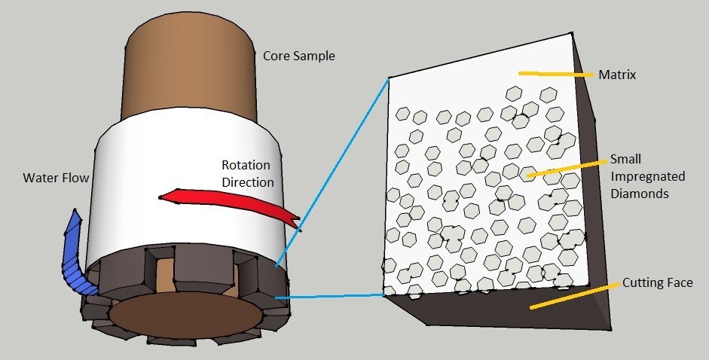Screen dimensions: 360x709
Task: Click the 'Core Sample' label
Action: tap(298, 56)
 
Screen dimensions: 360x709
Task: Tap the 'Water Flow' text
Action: tap(55, 178)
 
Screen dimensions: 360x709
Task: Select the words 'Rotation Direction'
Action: tap(247, 173)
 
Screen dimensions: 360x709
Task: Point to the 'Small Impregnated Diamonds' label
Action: tap(647, 177)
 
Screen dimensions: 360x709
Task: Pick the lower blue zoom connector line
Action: tap(332, 296)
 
